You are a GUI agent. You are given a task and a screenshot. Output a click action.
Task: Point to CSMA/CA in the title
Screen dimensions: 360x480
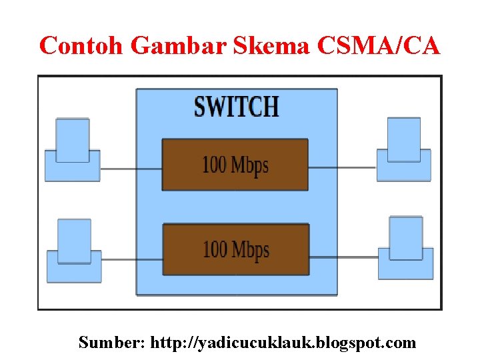click(379, 46)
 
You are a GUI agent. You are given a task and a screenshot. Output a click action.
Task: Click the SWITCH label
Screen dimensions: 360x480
click(236, 107)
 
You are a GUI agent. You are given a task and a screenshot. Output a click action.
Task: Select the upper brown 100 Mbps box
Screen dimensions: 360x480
click(235, 165)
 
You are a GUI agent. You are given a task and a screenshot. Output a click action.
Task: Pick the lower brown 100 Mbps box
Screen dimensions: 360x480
click(235, 249)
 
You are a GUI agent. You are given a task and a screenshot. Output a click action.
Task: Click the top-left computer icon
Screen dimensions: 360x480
click(72, 151)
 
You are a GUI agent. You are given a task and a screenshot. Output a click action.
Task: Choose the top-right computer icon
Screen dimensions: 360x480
click(404, 150)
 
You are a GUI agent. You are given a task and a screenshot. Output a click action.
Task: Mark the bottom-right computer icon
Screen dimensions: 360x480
click(405, 249)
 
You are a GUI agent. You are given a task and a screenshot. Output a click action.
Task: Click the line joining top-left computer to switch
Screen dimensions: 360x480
click(131, 169)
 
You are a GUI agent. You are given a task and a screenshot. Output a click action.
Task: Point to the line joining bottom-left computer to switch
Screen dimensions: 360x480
click(132, 259)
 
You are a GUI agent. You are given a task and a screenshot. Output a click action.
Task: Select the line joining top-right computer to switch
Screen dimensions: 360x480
click(342, 168)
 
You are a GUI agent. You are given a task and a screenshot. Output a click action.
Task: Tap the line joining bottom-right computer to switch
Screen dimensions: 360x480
click(343, 257)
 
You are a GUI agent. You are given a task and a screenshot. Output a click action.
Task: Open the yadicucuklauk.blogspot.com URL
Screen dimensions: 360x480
click(283, 343)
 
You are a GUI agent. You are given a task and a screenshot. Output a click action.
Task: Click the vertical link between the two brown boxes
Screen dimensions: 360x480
click(235, 207)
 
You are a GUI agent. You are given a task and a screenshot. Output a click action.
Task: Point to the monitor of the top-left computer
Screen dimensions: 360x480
click(72, 139)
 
